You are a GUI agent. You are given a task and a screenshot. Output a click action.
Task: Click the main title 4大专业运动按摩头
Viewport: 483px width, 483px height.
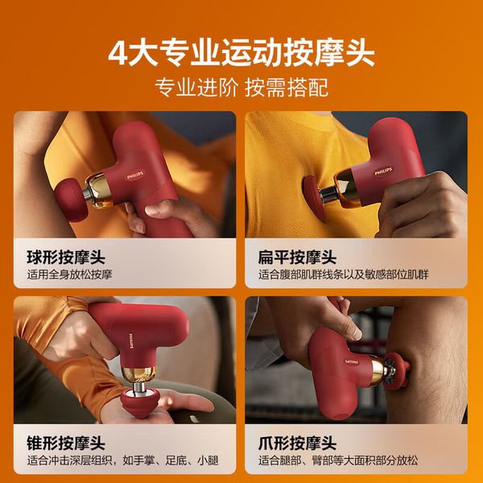pyautogui.click(x=242, y=52)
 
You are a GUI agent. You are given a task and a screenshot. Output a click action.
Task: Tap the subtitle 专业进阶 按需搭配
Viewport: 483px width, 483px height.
pyautogui.click(x=242, y=88)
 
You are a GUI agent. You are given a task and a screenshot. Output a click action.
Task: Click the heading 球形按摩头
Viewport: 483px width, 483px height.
pyautogui.click(x=66, y=258)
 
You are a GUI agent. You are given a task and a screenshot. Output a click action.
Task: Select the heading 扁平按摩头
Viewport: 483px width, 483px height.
pyautogui.click(x=297, y=258)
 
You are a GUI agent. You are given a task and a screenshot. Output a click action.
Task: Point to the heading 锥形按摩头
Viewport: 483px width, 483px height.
pyautogui.click(x=66, y=443)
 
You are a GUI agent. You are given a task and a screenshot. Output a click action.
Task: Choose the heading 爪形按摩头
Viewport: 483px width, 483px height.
pyautogui.click(x=297, y=443)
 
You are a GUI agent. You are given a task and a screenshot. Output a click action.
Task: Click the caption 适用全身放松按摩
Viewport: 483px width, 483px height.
pyautogui.click(x=69, y=275)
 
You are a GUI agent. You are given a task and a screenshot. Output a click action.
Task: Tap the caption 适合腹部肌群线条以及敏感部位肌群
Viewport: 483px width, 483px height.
pyautogui.click(x=344, y=275)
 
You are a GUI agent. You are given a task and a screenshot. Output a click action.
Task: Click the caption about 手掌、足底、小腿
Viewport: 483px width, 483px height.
pyautogui.click(x=123, y=460)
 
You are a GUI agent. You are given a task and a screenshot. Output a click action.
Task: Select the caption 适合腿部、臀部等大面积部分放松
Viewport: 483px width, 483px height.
pyautogui.click(x=338, y=460)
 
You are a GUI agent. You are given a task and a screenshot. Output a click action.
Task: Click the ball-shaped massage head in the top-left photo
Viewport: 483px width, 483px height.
pyautogui.click(x=69, y=200)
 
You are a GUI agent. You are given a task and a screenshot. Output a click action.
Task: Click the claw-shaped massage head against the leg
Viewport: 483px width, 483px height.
pyautogui.click(x=397, y=370)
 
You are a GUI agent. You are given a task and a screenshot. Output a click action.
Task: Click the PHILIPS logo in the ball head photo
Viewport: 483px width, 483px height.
pyautogui.click(x=135, y=175)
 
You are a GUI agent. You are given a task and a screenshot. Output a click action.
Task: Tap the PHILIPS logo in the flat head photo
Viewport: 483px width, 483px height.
pyautogui.click(x=383, y=171)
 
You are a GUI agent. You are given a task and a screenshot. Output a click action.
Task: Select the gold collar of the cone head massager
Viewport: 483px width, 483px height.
pyautogui.click(x=138, y=374)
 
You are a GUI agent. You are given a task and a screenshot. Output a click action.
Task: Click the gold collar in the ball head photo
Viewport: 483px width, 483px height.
pyautogui.click(x=99, y=191)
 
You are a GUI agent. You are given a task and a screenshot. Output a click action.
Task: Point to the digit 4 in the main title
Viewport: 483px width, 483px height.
pyautogui.click(x=118, y=53)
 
